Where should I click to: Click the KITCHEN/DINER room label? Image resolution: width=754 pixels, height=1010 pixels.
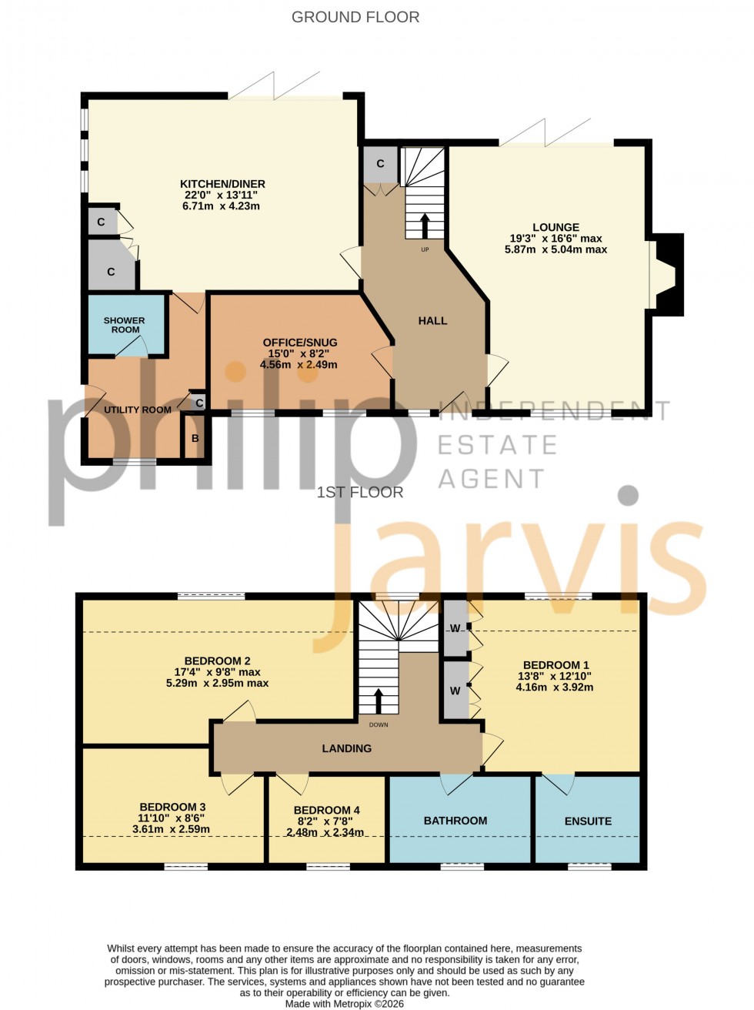click(x=222, y=184)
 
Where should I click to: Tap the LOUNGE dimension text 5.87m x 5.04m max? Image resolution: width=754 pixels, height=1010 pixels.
click(x=555, y=249)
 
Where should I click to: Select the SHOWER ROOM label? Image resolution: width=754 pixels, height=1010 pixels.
click(x=125, y=325)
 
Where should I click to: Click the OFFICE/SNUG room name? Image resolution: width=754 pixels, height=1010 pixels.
click(x=299, y=343)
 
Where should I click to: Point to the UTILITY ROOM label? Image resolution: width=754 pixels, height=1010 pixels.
click(x=138, y=410)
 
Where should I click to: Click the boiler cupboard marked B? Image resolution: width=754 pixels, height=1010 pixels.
click(x=195, y=439)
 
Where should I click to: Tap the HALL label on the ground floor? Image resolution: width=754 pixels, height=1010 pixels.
click(x=432, y=320)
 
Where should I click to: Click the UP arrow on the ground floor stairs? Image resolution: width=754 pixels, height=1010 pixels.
click(x=424, y=226)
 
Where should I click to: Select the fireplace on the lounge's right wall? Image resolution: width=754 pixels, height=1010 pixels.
click(x=666, y=275)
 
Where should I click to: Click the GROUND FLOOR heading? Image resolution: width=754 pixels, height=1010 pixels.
click(x=355, y=17)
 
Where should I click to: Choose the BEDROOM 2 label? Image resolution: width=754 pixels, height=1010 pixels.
click(x=217, y=661)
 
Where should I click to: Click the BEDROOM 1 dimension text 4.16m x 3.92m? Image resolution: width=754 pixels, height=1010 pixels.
click(x=554, y=687)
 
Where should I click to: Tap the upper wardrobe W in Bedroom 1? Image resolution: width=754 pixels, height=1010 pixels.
click(x=455, y=628)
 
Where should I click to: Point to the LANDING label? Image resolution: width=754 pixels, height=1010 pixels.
click(x=346, y=748)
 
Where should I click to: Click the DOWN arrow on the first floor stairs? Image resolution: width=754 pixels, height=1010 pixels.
click(x=378, y=701)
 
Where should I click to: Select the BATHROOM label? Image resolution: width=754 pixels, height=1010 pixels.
click(x=455, y=821)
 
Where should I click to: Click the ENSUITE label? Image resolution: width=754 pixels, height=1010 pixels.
click(x=588, y=821)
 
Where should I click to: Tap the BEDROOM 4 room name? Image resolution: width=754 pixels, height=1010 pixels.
click(x=326, y=810)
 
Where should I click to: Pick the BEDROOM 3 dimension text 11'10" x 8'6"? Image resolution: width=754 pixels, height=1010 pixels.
click(x=172, y=818)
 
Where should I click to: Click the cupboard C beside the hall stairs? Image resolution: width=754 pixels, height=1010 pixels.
click(x=380, y=164)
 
